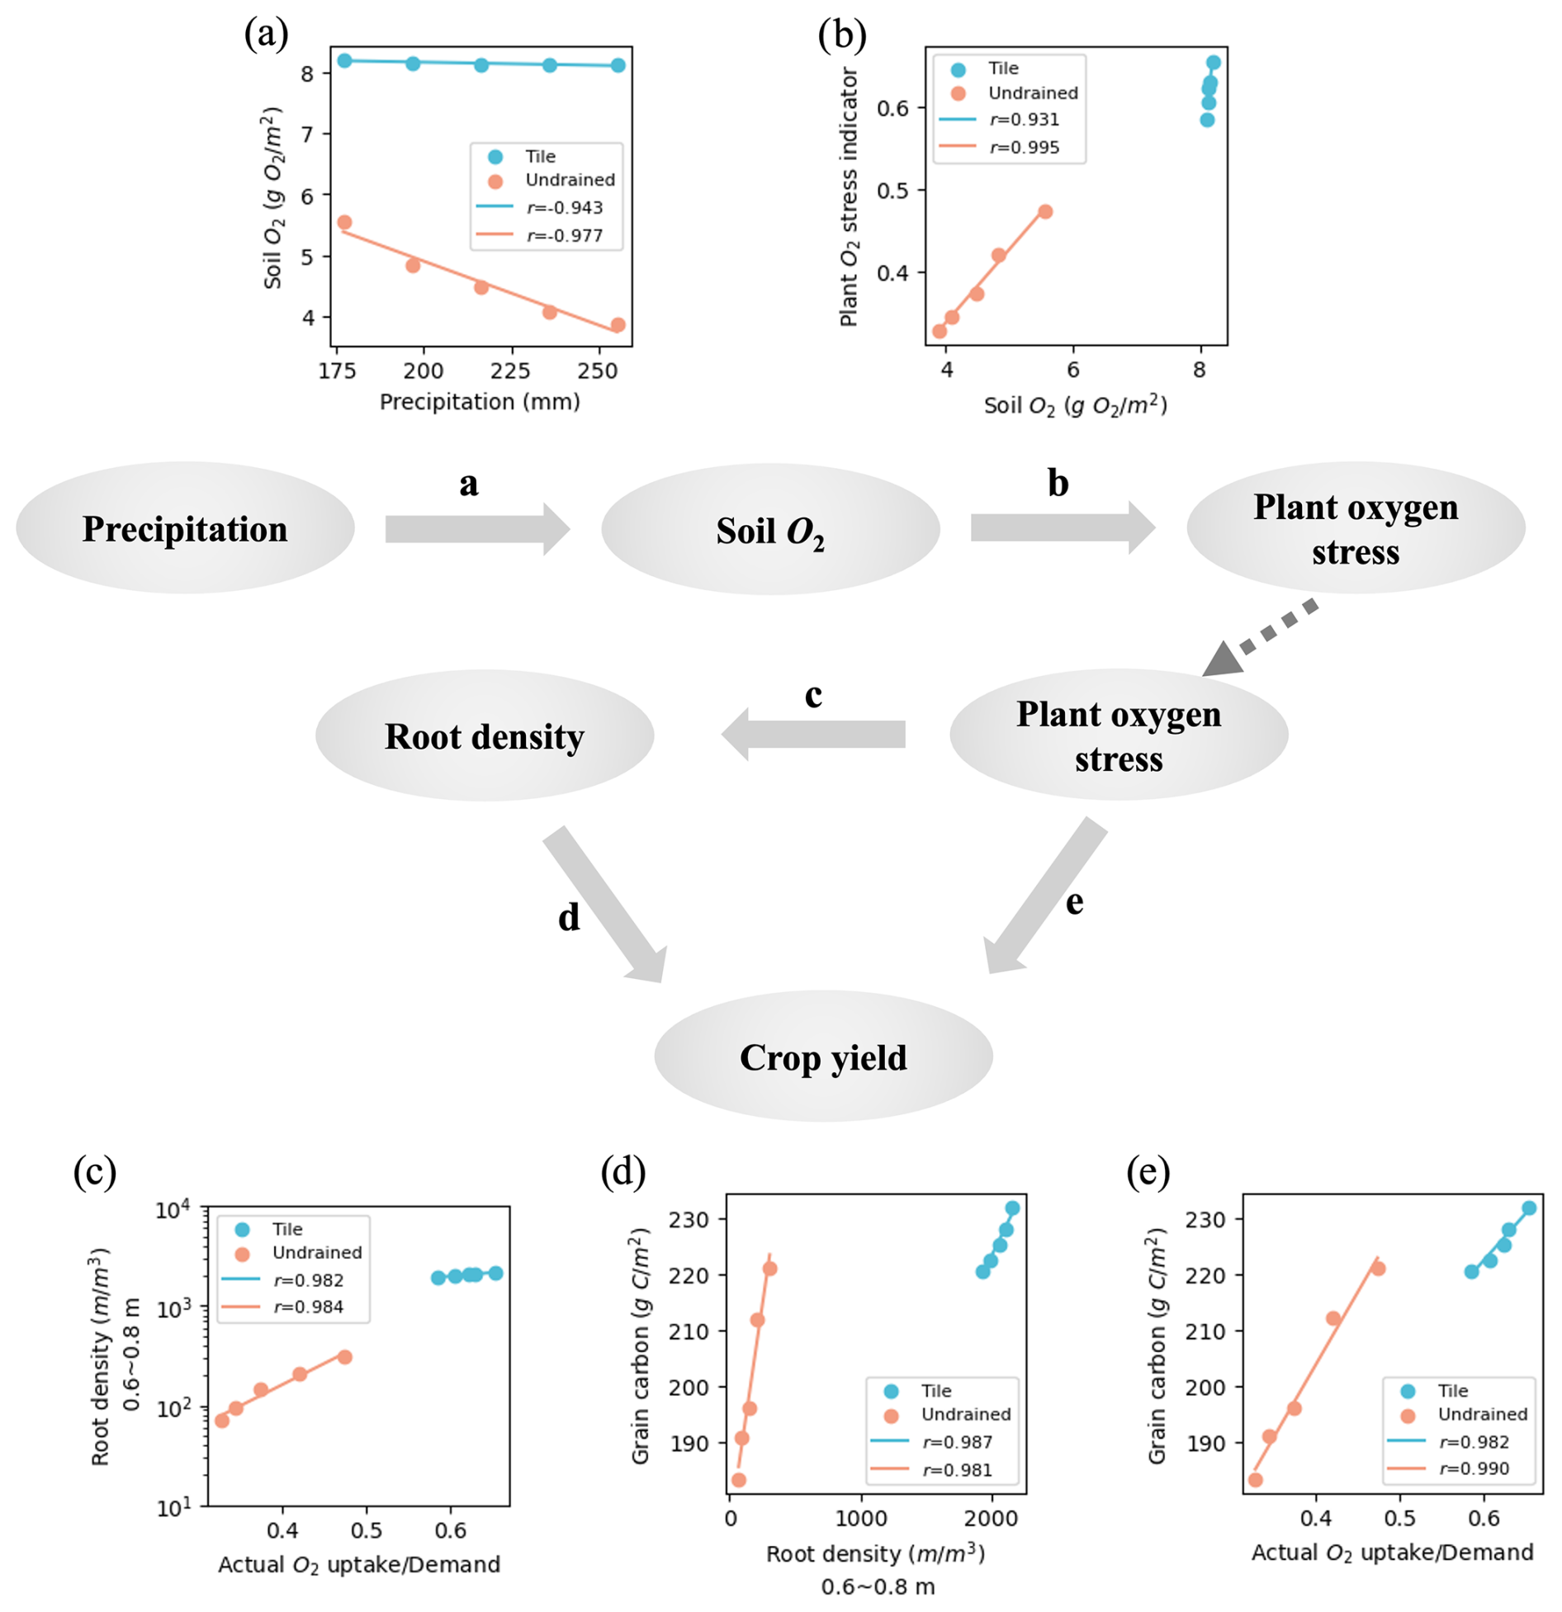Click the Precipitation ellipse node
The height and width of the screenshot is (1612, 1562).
tap(185, 528)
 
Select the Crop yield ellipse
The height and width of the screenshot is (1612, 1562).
tap(822, 1057)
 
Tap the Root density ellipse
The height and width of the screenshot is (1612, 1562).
tap(484, 735)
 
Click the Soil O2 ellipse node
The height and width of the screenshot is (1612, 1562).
tap(769, 530)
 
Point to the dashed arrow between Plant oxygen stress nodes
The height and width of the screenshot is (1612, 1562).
tap(1261, 636)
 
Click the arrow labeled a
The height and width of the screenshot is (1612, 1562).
tap(476, 529)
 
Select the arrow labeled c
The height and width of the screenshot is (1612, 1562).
tap(813, 734)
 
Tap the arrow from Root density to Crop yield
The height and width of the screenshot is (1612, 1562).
tap(603, 905)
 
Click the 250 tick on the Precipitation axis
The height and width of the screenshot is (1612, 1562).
tap(597, 371)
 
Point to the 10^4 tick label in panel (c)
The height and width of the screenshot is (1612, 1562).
tap(173, 1210)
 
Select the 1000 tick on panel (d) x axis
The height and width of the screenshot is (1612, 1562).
tap(860, 1517)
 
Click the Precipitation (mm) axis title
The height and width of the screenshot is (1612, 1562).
tap(480, 402)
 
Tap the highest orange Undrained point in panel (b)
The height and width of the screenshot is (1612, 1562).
tap(1045, 212)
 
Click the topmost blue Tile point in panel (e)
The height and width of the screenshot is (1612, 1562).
tap(1528, 1208)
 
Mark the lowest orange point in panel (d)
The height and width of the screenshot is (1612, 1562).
tap(738, 1480)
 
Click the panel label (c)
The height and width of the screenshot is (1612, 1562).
tap(94, 1171)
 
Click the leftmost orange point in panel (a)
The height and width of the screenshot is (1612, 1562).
tap(344, 222)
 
